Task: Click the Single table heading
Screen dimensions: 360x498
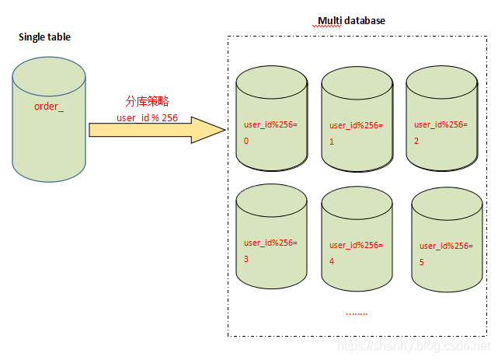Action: pos(44,37)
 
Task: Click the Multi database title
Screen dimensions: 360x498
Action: pos(351,21)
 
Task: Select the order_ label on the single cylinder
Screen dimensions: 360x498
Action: pos(48,106)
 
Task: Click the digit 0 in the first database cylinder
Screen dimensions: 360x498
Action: pos(246,142)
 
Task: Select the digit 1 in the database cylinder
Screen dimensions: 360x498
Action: pos(333,142)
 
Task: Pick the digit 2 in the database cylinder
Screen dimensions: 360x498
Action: pos(416,142)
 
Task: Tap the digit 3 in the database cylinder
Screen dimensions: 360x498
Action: pos(246,259)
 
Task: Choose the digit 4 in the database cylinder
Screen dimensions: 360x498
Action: pos(332,261)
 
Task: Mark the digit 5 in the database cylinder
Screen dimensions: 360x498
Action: pos(422,263)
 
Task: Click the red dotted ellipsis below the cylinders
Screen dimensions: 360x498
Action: pos(356,313)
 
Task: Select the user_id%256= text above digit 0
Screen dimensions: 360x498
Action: pos(270,125)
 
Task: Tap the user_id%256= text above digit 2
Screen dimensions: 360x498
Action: pos(441,124)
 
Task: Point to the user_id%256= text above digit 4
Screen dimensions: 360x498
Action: pos(356,245)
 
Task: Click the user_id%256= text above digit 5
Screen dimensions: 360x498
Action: pos(446,246)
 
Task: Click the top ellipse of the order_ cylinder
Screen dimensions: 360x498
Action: pos(49,76)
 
